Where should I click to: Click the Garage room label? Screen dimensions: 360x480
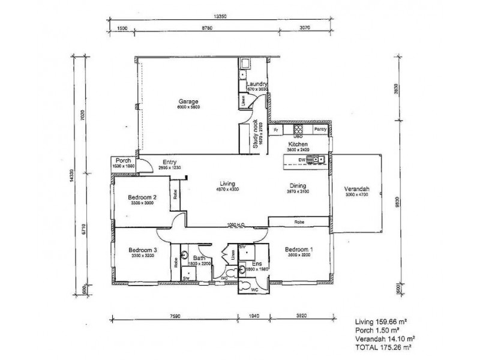[188, 101]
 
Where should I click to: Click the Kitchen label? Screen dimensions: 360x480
[298, 145]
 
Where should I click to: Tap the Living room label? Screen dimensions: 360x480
[227, 184]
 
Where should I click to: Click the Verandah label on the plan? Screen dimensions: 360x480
[356, 190]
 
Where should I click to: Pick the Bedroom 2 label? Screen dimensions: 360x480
[143, 197]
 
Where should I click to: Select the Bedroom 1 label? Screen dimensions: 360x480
[298, 250]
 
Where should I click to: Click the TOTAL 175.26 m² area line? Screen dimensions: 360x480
[385, 347]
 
